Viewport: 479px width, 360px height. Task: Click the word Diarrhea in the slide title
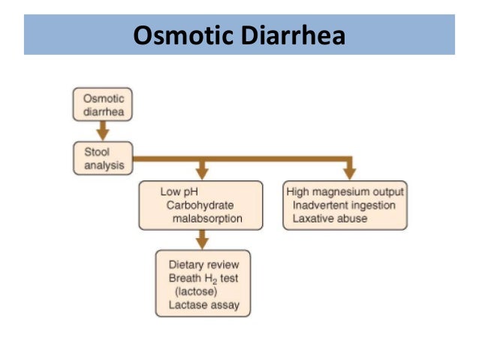293,35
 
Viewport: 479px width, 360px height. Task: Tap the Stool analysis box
102,156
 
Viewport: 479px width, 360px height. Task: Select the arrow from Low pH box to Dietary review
201,240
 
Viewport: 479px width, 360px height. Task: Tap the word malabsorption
208,219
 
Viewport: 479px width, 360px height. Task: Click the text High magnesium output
345,191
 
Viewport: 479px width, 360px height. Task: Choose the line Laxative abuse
330,219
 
